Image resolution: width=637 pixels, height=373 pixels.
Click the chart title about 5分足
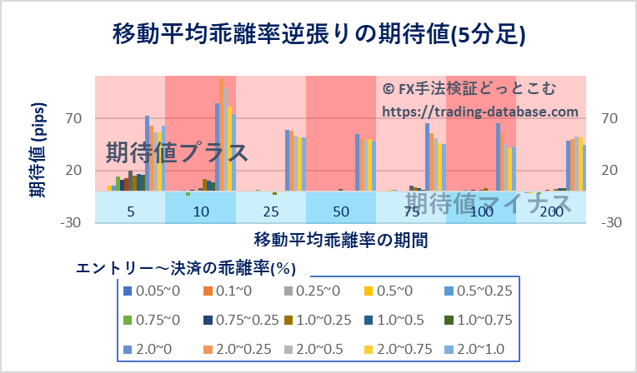coord(318,35)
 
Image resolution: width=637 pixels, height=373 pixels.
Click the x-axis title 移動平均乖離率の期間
coord(341,241)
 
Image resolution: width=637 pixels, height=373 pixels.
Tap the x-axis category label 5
coord(131,211)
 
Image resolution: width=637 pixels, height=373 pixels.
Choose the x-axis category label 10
coord(201,211)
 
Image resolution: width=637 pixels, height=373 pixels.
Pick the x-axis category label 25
coord(271,211)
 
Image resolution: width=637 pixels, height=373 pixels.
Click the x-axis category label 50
coord(341,211)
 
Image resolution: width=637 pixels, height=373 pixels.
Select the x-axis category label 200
coord(551,211)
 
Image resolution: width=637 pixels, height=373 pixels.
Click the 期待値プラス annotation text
coord(177,153)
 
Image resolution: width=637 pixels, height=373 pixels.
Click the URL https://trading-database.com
coord(480,111)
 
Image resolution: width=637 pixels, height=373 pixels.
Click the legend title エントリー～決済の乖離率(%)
coord(187,268)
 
